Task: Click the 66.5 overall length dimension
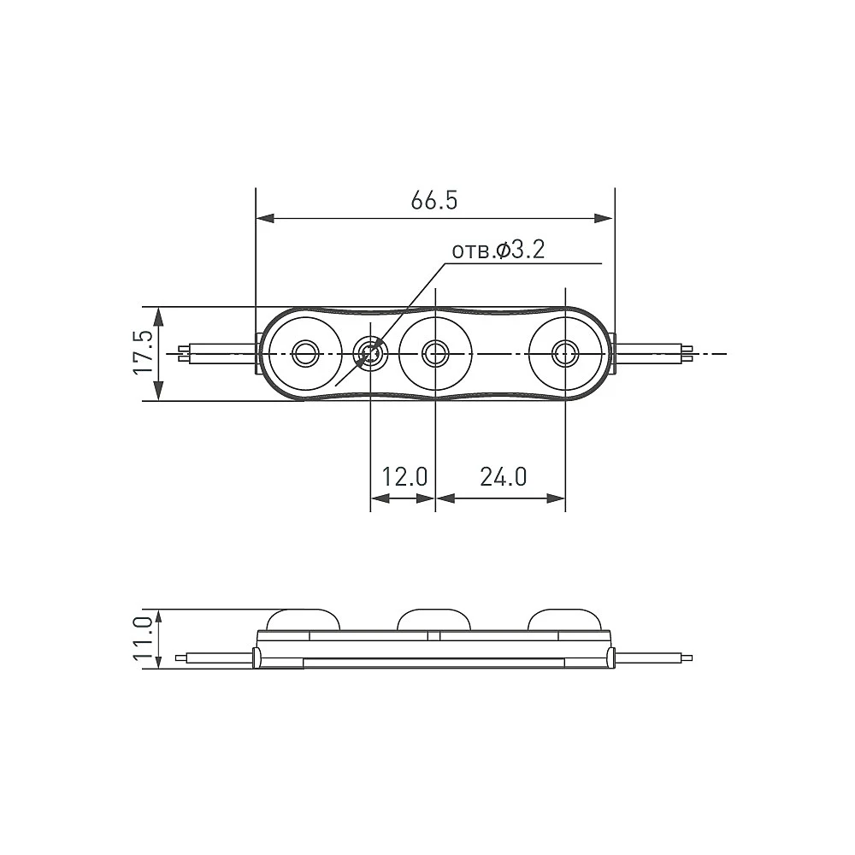434,201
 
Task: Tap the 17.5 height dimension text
144,352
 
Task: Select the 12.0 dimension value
404,477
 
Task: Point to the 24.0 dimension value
504,477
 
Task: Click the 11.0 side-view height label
144,639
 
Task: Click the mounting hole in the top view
371,353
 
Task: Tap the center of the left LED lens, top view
305,353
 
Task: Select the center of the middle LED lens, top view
436,353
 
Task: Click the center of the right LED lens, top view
565,353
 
